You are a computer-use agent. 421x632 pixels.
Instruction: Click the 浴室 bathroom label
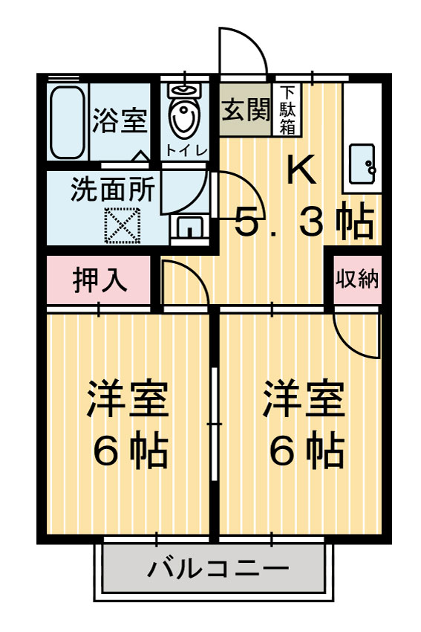click(120, 121)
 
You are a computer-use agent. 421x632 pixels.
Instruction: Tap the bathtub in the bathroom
click(68, 122)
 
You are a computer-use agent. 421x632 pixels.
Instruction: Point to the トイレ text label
click(184, 149)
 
